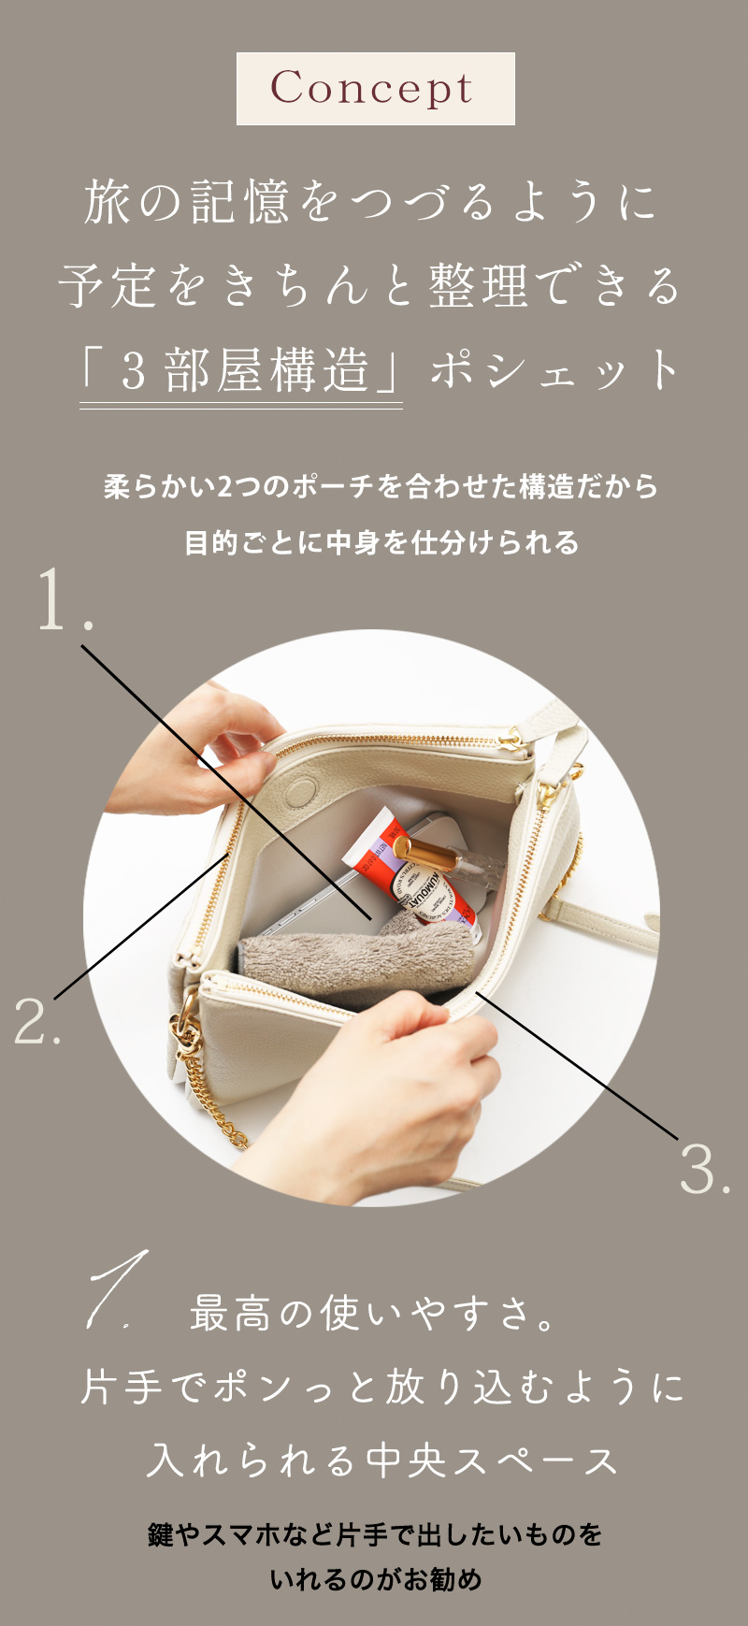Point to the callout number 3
pyautogui.click(x=703, y=1168)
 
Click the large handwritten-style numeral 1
pyautogui.click(x=117, y=1290)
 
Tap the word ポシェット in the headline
pyautogui.click(x=555, y=369)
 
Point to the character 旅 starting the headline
pyautogui.click(x=108, y=203)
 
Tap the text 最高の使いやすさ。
pyautogui.click(x=374, y=1314)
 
